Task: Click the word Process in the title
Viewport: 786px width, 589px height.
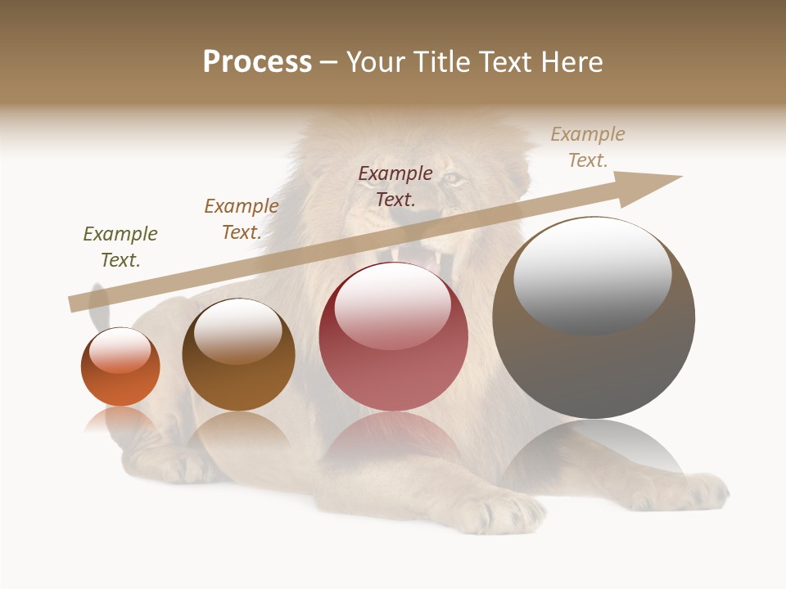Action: tap(257, 62)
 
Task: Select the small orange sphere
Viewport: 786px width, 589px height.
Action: tap(120, 368)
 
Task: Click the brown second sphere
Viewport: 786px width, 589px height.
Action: tap(238, 356)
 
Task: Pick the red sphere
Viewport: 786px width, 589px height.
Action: tap(393, 337)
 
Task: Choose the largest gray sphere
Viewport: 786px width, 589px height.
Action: tap(594, 319)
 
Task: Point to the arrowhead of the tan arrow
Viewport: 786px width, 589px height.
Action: tap(655, 183)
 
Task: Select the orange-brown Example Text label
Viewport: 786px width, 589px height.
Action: tap(242, 219)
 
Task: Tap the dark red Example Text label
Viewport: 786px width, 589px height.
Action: tap(395, 186)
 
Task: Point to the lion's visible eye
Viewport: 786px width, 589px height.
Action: tap(453, 177)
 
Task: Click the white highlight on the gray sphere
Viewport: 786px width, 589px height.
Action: tap(592, 274)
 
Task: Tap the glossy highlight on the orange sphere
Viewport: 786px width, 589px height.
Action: tap(120, 350)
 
